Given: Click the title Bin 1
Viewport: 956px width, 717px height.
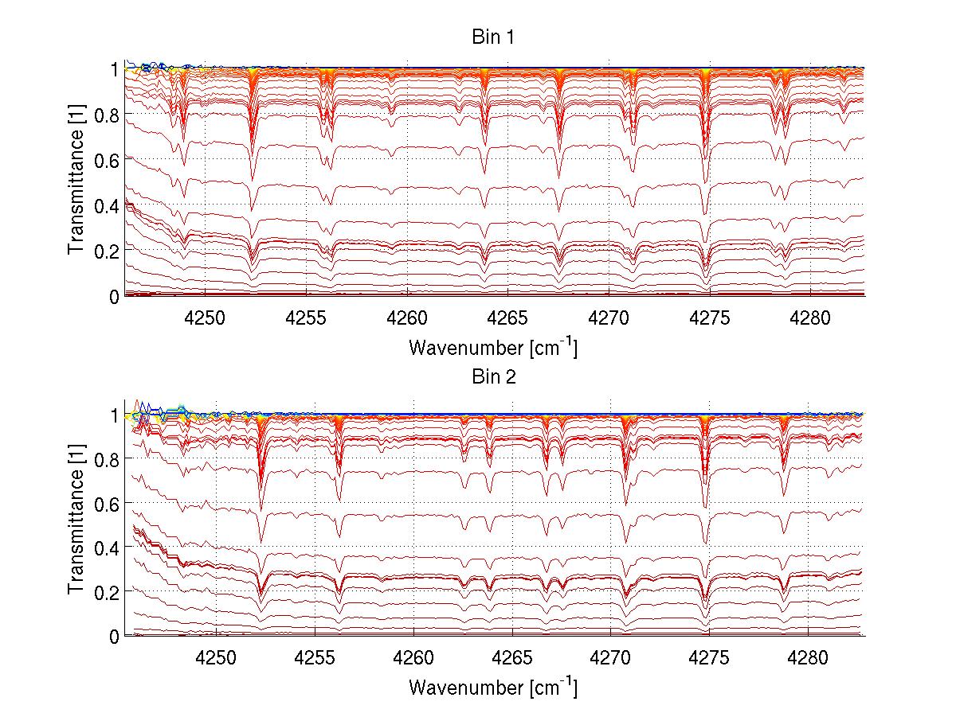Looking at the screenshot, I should tap(494, 37).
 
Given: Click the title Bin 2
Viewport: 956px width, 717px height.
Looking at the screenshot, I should tap(494, 377).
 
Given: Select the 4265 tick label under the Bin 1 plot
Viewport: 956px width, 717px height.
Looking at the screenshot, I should tap(507, 318).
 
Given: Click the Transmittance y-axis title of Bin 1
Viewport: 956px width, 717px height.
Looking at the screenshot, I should tap(76, 182).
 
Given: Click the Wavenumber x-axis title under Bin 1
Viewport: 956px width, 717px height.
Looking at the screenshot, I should tap(493, 347).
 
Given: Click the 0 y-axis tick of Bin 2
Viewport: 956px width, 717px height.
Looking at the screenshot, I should tap(115, 636).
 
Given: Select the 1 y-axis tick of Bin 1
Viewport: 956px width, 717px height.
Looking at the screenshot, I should tap(115, 69).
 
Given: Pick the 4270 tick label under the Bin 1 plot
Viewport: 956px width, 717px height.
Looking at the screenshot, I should tap(609, 318).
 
